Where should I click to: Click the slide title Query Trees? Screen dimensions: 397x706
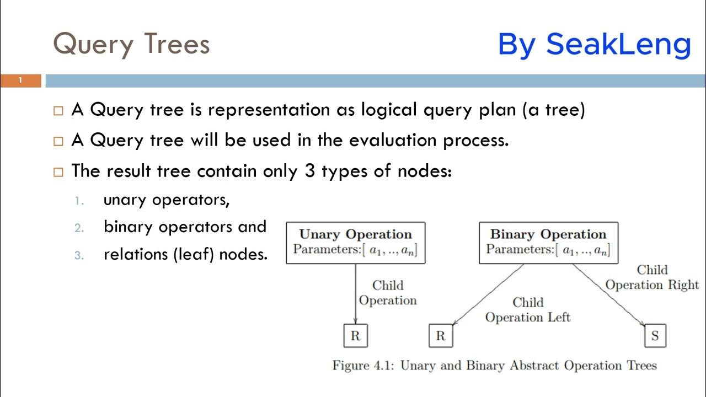pyautogui.click(x=131, y=44)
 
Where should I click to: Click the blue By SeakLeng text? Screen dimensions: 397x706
pyautogui.click(x=594, y=45)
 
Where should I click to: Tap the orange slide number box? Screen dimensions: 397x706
pyautogui.click(x=20, y=81)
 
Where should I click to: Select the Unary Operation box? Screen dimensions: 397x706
pyautogui.click(x=356, y=243)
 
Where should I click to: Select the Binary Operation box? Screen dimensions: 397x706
pyautogui.click(x=548, y=243)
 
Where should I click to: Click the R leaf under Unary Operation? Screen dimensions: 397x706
pyautogui.click(x=355, y=336)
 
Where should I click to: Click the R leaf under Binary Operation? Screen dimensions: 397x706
pyautogui.click(x=440, y=336)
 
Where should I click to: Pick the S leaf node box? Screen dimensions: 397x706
pyautogui.click(x=655, y=336)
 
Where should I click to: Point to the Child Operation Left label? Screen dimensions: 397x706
pyautogui.click(x=528, y=310)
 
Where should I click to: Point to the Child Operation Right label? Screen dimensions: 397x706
pyautogui.click(x=652, y=277)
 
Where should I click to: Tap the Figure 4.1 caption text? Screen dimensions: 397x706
pyautogui.click(x=494, y=366)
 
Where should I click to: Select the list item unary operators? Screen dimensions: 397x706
pyautogui.click(x=166, y=200)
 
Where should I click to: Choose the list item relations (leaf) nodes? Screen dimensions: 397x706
pyautogui.click(x=185, y=254)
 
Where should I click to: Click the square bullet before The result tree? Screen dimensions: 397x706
pyautogui.click(x=58, y=171)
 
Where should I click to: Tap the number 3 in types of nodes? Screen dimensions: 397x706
pyautogui.click(x=309, y=171)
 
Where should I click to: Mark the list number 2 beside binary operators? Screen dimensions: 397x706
pyautogui.click(x=79, y=227)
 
